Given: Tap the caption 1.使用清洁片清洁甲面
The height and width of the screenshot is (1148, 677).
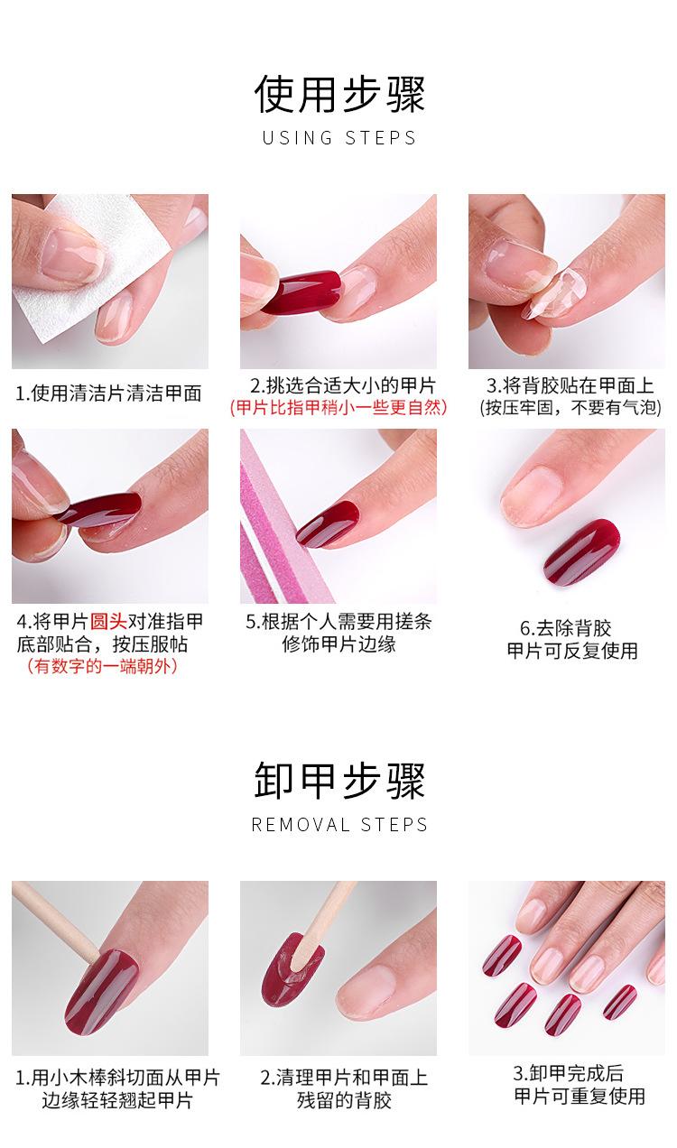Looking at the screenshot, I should [108, 393].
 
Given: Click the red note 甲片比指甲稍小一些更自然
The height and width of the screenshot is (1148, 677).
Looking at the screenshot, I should [338, 408].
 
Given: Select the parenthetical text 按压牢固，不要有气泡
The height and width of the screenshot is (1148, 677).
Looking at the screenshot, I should [570, 408].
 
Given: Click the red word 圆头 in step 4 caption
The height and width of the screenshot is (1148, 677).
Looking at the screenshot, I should [107, 622].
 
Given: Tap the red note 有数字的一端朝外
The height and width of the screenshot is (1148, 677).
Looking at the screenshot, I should [101, 667].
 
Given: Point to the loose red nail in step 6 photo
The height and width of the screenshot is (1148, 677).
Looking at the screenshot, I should [582, 551].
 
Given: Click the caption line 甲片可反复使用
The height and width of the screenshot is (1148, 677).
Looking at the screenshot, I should [572, 651].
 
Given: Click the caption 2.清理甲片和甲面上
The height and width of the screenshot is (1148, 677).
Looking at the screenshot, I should [344, 1078].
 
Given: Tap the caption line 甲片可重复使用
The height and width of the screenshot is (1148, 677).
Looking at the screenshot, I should [580, 1097].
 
